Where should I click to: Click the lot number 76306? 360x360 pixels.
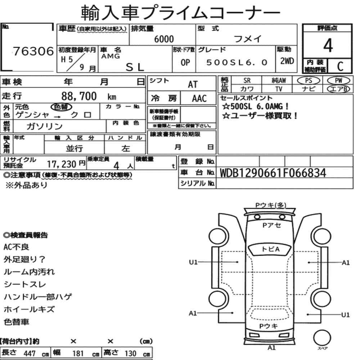coord(33,51)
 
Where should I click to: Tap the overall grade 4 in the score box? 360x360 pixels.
coord(328,45)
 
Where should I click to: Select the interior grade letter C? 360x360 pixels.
coord(340,66)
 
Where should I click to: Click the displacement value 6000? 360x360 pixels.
coord(164,39)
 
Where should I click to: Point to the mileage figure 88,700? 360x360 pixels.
coord(79,96)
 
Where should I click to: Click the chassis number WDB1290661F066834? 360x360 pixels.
coord(273,173)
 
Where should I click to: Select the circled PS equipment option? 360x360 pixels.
coord(309,81)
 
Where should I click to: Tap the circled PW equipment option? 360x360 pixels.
coord(338,80)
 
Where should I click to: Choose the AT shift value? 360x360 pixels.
coord(193,85)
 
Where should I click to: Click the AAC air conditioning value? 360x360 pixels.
coord(199,99)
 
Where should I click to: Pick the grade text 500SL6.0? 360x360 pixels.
coord(237,62)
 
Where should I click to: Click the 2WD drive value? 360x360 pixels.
coord(287,61)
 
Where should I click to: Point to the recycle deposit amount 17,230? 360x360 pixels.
coord(62,164)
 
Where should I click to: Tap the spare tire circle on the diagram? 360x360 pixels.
coord(322,338)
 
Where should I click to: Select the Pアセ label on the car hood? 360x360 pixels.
coord(271,225)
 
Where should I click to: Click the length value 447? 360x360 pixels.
coord(30,354)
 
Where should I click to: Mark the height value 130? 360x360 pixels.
coord(130,353)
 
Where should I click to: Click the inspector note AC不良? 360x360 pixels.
coord(16,247)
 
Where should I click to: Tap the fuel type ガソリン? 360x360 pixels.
coord(44,126)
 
